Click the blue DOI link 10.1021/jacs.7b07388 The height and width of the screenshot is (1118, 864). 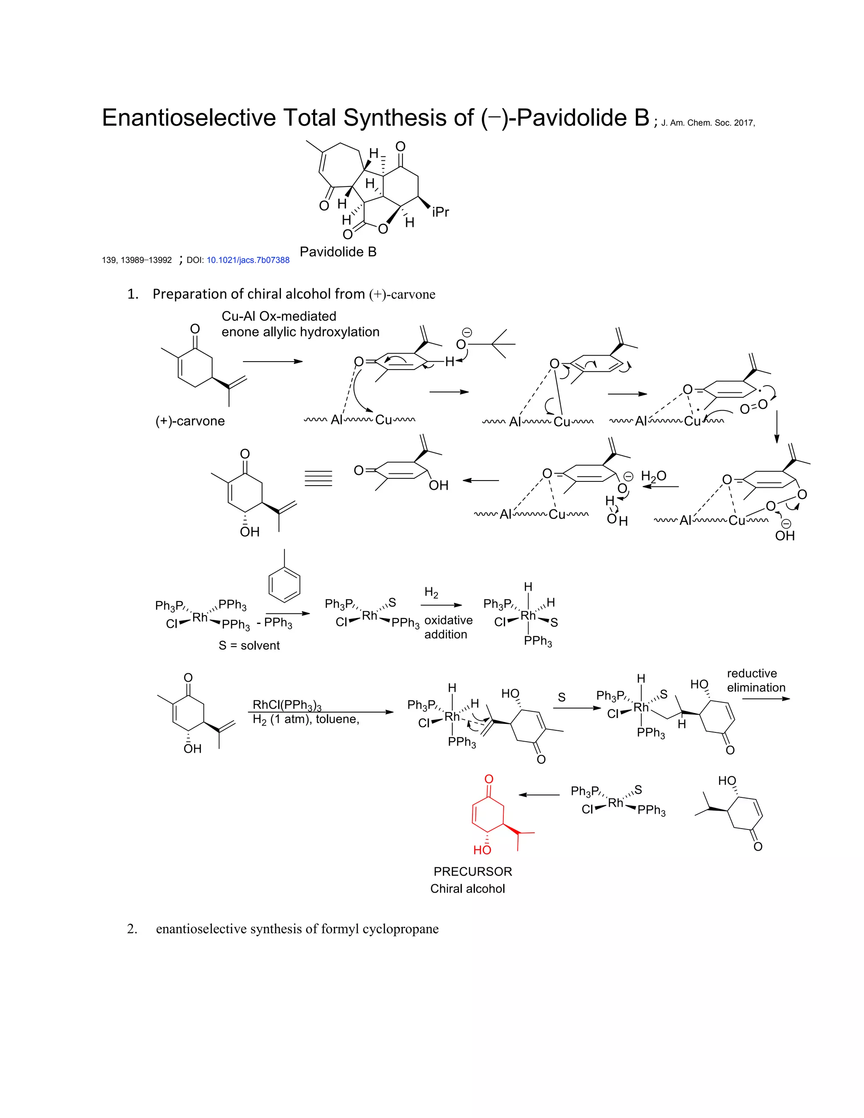248,260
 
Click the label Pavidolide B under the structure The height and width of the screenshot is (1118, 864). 338,251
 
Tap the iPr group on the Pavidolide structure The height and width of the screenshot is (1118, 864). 440,212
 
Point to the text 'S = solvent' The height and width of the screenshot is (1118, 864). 249,645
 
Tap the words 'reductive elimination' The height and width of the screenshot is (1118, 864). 756,681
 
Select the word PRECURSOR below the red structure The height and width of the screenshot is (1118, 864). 472,871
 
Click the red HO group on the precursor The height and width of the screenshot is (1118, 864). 482,850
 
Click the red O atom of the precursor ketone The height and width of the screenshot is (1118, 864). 489,779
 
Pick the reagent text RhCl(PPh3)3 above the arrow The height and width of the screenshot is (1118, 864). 286,705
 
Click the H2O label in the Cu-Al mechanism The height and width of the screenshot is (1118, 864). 653,477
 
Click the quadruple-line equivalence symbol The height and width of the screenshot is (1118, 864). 319,478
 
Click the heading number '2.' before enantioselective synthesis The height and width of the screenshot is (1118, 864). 132,929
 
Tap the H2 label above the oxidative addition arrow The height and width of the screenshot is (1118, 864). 431,593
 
